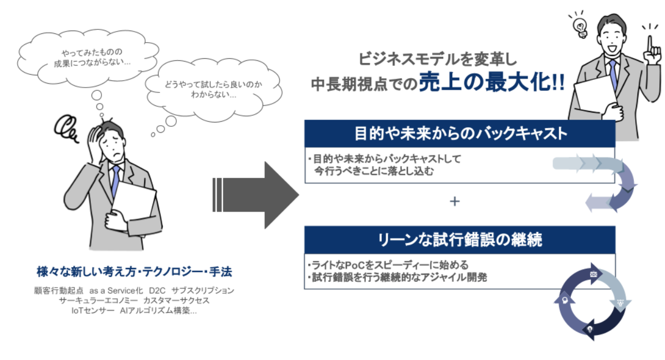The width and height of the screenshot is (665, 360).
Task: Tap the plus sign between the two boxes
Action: (x=455, y=202)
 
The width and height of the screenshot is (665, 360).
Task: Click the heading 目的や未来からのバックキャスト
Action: (x=459, y=133)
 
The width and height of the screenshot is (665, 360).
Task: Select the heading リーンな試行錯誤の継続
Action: (x=459, y=240)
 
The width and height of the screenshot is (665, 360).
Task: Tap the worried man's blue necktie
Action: (x=115, y=180)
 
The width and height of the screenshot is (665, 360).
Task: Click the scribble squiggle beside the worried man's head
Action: (x=67, y=128)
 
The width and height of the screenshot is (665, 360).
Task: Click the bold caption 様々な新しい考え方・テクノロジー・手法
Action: (x=134, y=272)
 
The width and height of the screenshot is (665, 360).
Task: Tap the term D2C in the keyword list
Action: (x=158, y=290)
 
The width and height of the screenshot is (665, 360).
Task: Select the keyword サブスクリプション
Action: (x=203, y=290)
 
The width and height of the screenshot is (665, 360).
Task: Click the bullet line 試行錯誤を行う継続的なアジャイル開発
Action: (x=398, y=277)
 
